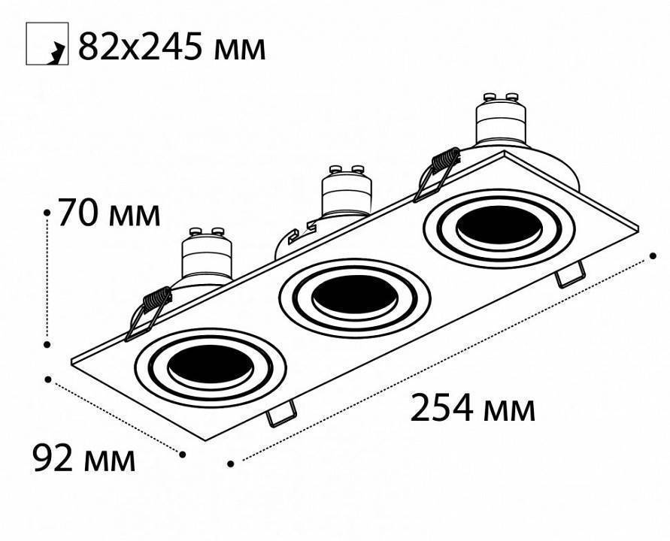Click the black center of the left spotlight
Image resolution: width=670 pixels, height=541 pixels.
pos(202,366)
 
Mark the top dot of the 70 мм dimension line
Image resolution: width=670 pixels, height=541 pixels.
pos(47,213)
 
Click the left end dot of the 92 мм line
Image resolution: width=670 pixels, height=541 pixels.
pos(47,379)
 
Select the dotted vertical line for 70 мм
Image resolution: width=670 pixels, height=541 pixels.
pos(47,278)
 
